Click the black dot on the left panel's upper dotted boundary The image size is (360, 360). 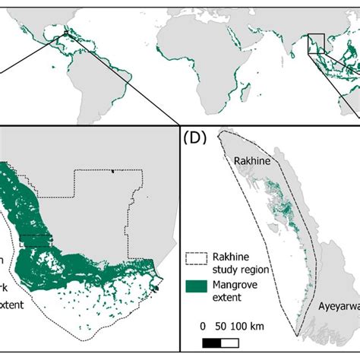coord(112,171)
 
